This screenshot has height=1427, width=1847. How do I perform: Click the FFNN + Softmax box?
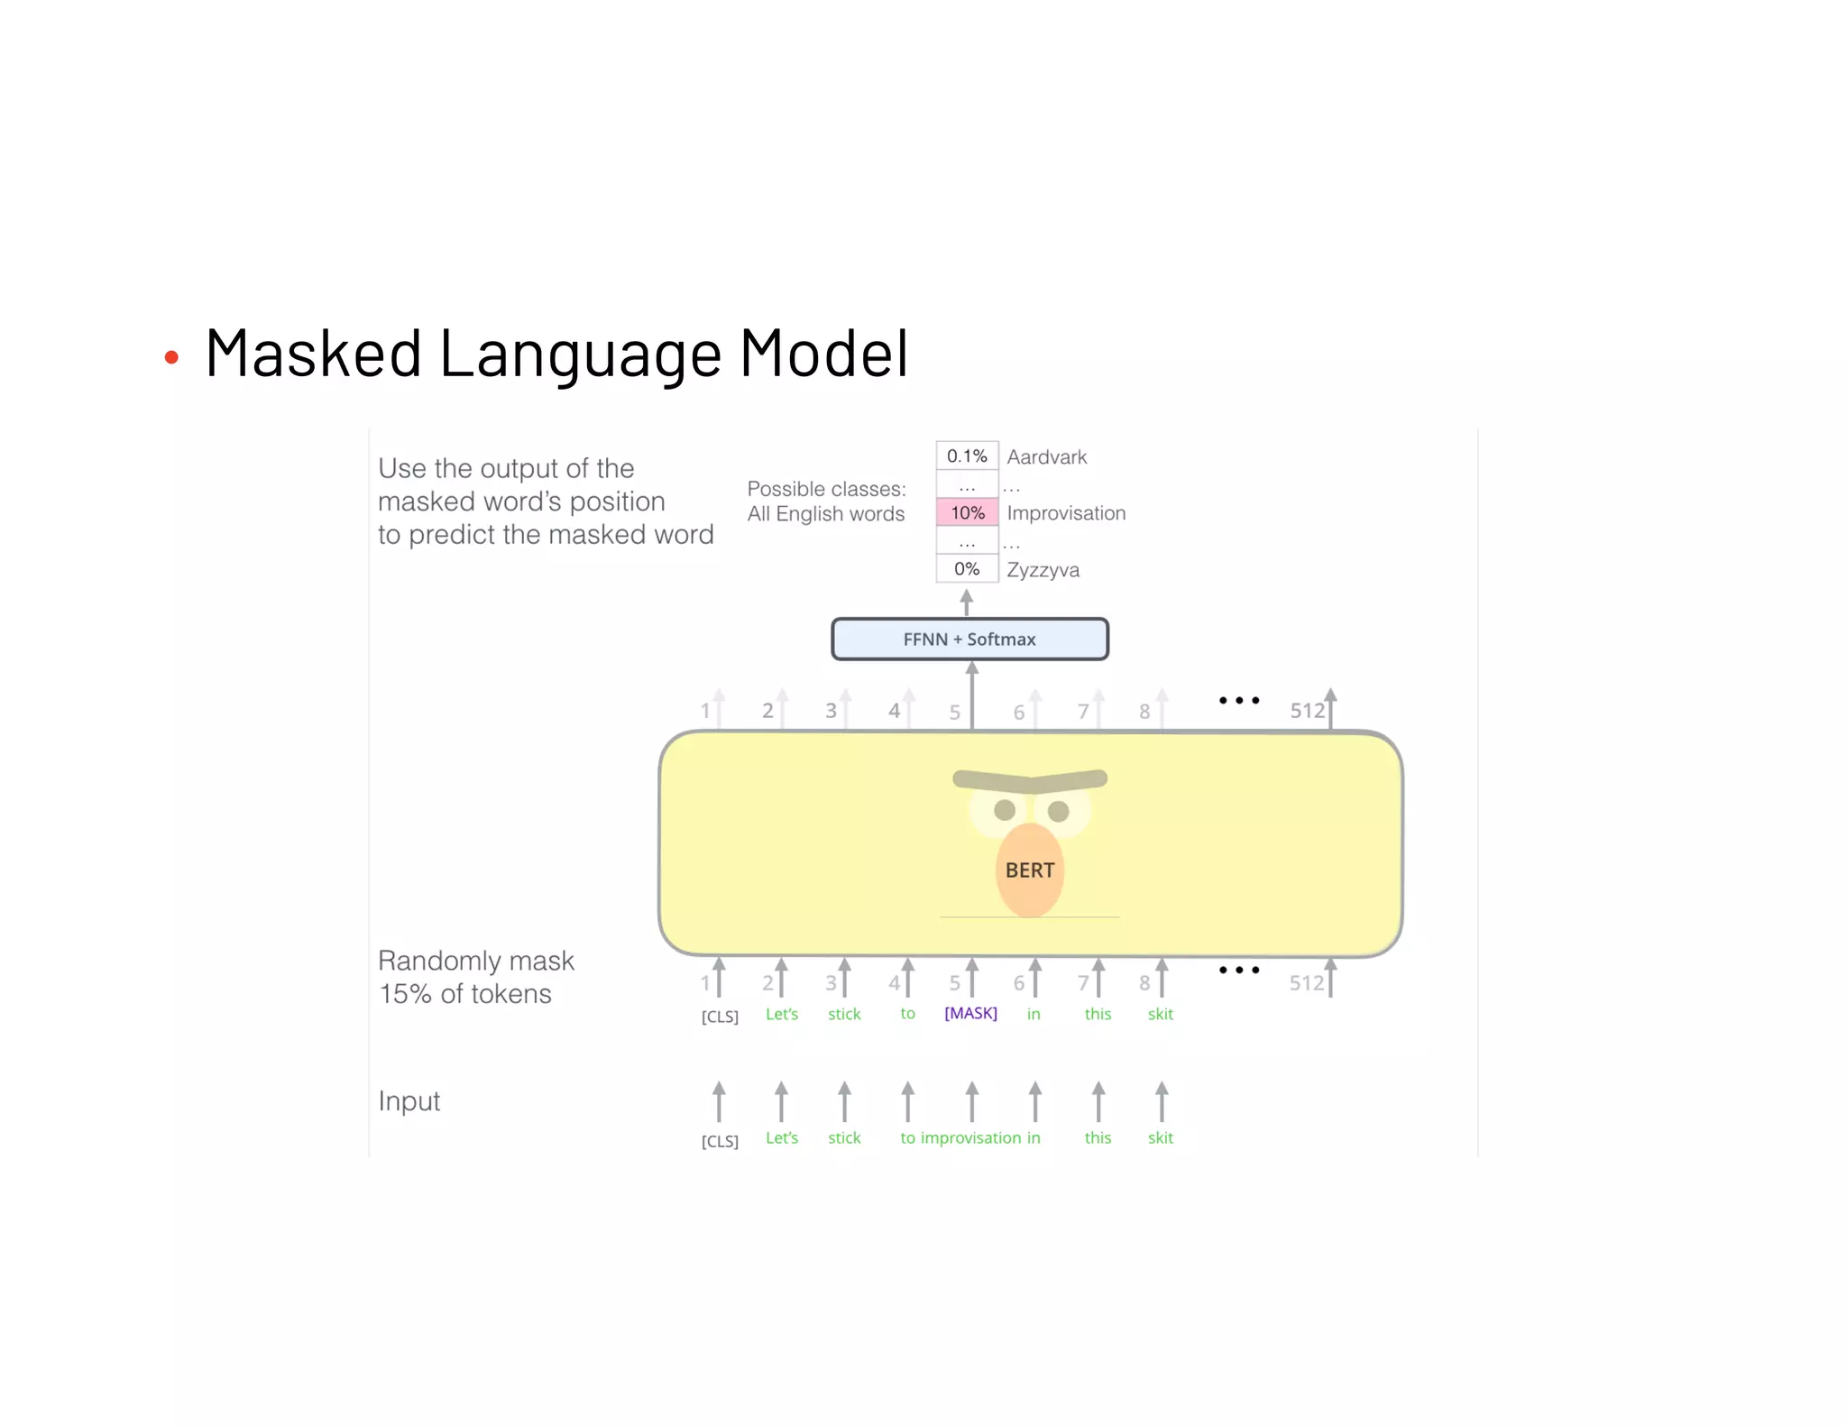pyautogui.click(x=969, y=639)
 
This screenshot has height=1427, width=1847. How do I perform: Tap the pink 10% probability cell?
pyautogui.click(x=967, y=512)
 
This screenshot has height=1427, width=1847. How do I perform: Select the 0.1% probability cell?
pyautogui.click(x=967, y=456)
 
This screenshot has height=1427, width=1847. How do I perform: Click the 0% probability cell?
pyautogui.click(x=967, y=568)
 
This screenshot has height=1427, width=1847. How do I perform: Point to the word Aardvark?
pyautogui.click(x=1046, y=456)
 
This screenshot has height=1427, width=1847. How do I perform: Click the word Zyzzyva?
pyautogui.click(x=1043, y=569)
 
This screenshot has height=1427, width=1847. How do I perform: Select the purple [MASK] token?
pyautogui.click(x=970, y=1013)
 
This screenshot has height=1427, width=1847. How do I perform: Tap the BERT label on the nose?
pyautogui.click(x=1029, y=870)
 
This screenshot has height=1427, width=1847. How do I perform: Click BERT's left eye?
pyautogui.click(x=1004, y=810)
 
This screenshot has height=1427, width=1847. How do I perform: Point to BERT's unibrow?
pyautogui.click(x=1030, y=778)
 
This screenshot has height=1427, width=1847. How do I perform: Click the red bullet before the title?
pyautogui.click(x=171, y=358)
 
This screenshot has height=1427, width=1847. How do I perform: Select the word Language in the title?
pyautogui.click(x=580, y=354)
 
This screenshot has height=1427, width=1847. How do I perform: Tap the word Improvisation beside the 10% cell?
pyautogui.click(x=1066, y=513)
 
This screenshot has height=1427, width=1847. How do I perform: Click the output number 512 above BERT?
pyautogui.click(x=1307, y=711)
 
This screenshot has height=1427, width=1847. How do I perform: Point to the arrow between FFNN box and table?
pyautogui.click(x=967, y=602)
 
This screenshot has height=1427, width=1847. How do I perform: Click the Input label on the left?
pyautogui.click(x=409, y=1101)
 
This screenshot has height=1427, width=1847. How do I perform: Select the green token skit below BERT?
pyautogui.click(x=1160, y=1014)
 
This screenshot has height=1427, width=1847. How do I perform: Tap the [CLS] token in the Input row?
pyautogui.click(x=720, y=1141)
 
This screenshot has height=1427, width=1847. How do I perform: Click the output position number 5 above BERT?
pyautogui.click(x=954, y=713)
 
